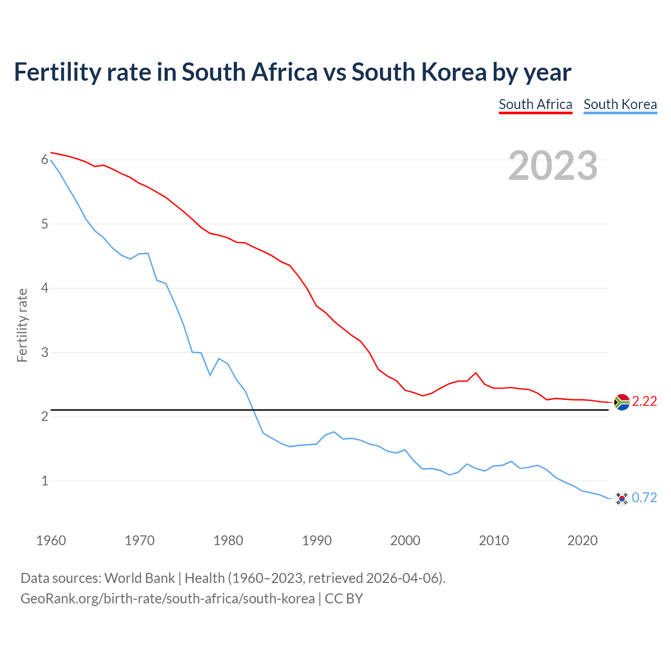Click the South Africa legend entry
click(535, 104)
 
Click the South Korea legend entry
click(620, 104)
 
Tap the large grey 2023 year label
click(553, 166)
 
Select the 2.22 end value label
click(644, 402)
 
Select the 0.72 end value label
click(644, 498)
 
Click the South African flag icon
click(622, 402)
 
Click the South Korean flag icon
click(622, 498)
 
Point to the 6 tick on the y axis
click(45, 160)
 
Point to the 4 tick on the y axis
click(45, 288)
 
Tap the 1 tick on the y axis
click(45, 481)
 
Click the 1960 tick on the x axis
click(51, 540)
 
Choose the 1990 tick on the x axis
click(317, 540)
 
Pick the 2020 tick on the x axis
click(582, 540)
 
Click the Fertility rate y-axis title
click(22, 325)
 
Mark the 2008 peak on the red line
click(475, 373)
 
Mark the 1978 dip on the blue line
click(210, 375)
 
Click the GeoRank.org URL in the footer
click(168, 599)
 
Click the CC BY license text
click(344, 599)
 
